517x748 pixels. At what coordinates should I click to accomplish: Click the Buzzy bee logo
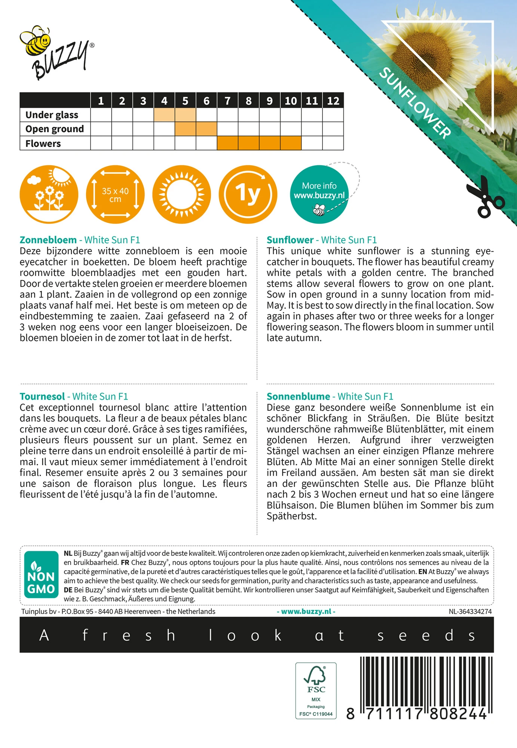56,52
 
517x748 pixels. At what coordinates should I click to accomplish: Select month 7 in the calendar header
227,101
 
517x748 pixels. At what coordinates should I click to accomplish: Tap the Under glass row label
52,115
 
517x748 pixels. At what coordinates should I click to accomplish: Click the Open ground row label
55,129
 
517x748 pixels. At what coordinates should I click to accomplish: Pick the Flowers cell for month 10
291,143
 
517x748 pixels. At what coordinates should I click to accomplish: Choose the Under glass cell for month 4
164,115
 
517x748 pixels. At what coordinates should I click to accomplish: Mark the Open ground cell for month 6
207,129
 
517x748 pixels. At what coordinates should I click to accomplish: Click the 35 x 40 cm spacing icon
115,194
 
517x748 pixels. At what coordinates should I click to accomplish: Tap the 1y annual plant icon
248,194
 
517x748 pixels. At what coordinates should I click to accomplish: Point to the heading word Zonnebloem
48,240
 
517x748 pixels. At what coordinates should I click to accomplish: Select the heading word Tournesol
42,396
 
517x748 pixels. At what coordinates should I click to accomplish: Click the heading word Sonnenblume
298,396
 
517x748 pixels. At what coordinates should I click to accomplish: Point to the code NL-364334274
470,611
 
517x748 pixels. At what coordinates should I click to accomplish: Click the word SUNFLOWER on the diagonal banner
415,103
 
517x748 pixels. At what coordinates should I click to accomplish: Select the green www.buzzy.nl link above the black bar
306,611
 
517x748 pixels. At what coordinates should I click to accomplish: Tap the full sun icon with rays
181,194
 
